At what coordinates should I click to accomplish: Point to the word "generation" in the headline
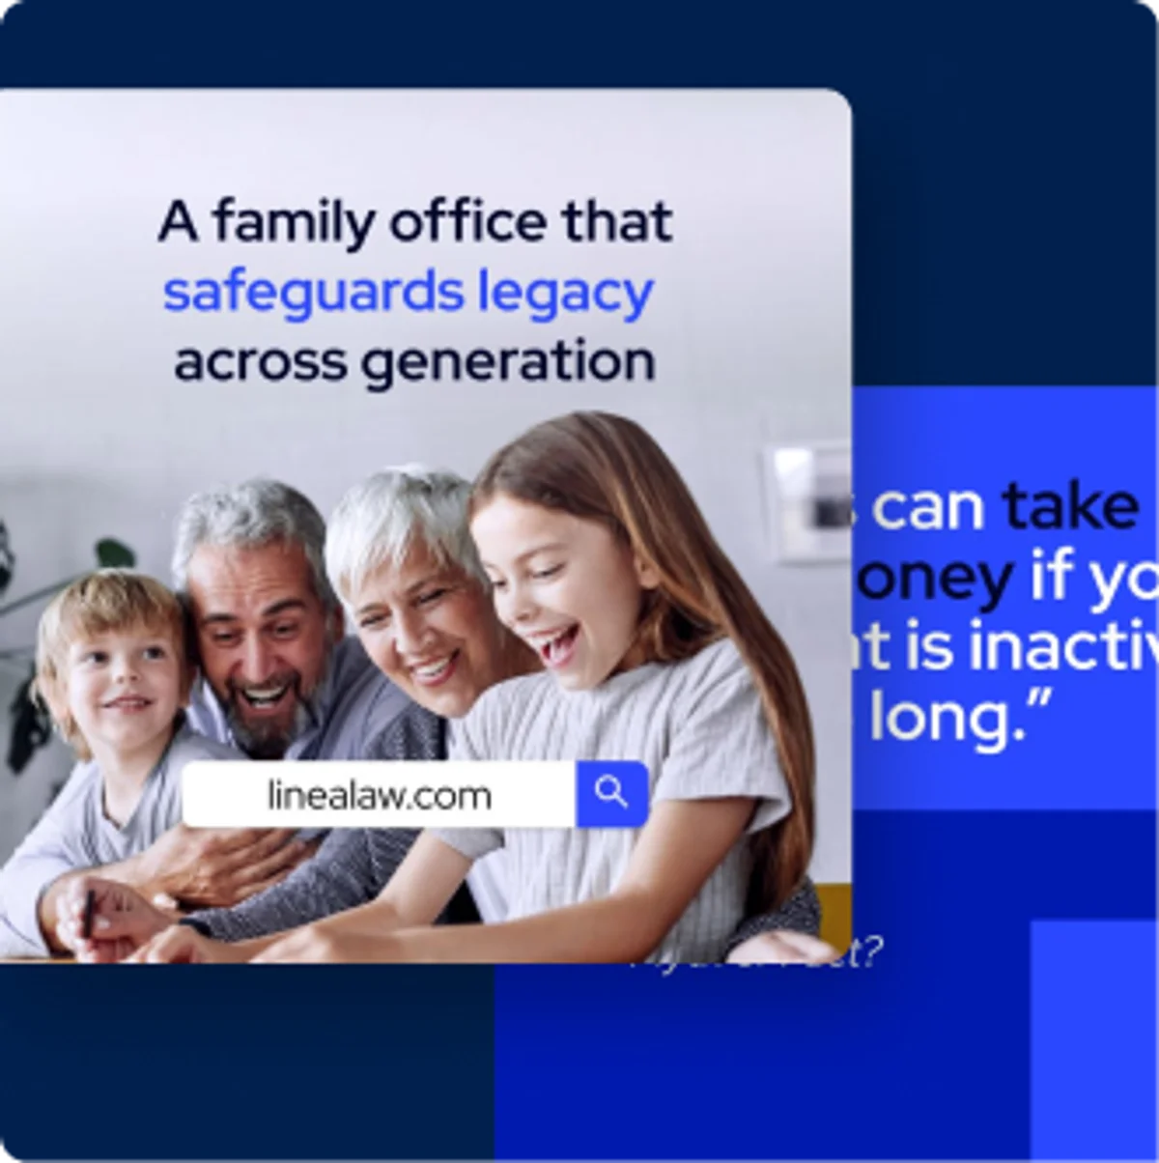tap(508, 363)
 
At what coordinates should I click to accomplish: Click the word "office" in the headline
tap(468, 222)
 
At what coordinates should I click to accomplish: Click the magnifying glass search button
tap(611, 794)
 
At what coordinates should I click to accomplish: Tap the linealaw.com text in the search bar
tap(379, 796)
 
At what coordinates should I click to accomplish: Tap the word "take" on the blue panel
tap(1070, 506)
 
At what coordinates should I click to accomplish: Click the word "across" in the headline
tap(260, 363)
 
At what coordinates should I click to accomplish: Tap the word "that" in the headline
tap(617, 222)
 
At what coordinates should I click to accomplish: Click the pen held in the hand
tap(89, 912)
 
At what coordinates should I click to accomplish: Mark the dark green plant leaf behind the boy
tap(114, 553)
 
